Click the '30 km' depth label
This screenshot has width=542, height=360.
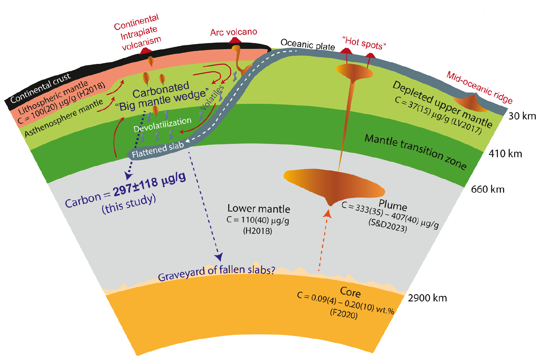[521, 116]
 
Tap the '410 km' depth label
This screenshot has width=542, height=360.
[505, 154]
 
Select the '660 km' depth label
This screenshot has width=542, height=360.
[487, 189]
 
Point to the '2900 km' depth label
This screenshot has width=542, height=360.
[427, 298]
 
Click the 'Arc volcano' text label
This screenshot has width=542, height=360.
[234, 32]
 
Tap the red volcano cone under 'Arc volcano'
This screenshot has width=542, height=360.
[234, 41]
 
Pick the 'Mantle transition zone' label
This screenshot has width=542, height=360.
[415, 151]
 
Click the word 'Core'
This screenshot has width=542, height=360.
[350, 292]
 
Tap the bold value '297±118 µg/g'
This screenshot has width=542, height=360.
[150, 184]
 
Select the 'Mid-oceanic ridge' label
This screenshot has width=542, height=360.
[480, 88]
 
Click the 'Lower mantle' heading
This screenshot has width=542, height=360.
[258, 209]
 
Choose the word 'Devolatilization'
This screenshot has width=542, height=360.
[162, 125]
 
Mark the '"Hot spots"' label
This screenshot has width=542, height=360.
[364, 43]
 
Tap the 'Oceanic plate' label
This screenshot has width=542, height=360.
[308, 45]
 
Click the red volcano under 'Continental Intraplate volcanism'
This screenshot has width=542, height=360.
[145, 51]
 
